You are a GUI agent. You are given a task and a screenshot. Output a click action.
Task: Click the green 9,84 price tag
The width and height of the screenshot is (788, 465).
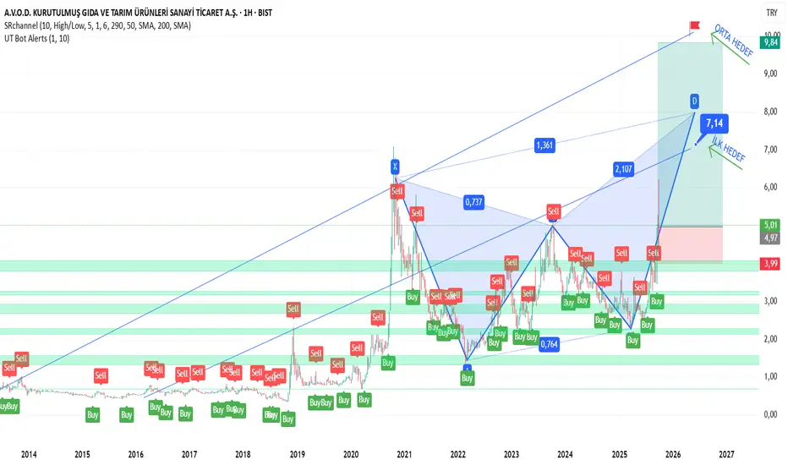770,41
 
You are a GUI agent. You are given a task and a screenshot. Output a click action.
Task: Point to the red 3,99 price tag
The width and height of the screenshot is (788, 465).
770,264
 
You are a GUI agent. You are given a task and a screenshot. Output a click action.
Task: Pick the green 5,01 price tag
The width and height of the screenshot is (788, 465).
770,226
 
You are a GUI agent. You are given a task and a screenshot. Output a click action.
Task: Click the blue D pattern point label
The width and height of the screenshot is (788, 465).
694,101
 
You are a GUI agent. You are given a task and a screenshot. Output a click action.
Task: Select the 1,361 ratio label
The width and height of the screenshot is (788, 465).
545,145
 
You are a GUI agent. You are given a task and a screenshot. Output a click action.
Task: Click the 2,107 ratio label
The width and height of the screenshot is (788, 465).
624,169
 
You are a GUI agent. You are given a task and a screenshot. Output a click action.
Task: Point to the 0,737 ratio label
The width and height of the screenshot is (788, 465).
474,202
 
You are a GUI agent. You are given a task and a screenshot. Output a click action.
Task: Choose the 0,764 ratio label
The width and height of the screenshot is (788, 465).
550,343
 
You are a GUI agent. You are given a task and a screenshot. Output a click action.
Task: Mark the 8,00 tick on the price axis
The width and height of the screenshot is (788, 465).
769,112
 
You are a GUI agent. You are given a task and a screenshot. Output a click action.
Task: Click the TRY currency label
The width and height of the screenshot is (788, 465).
771,13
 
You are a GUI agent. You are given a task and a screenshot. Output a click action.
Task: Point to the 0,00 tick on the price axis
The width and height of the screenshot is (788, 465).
769,414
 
